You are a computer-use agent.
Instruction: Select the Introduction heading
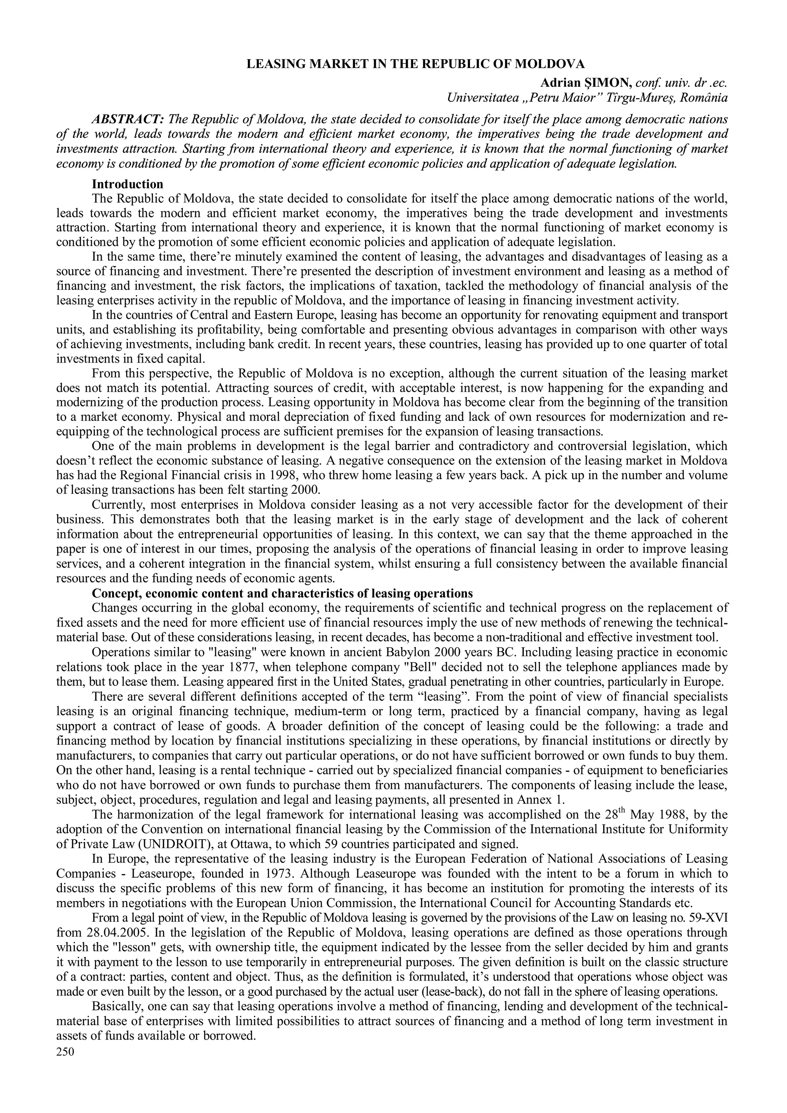pos(128,184)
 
